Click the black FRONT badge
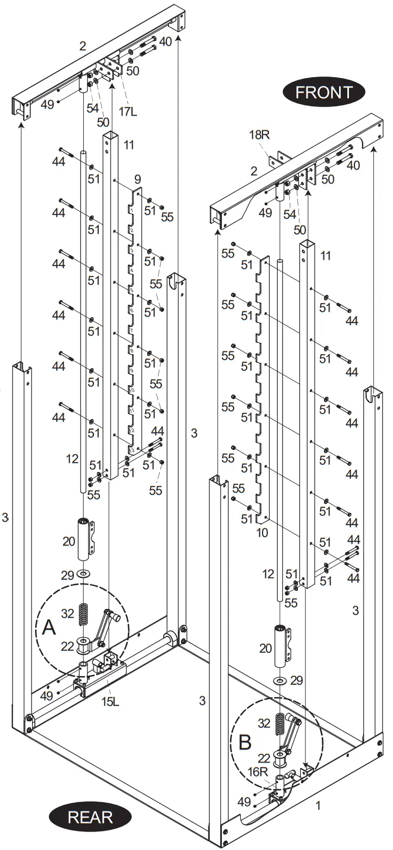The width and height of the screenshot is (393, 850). point(323,92)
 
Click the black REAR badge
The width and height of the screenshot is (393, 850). point(90,816)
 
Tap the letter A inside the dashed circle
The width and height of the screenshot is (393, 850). point(49,628)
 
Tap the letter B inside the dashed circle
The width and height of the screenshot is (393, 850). point(245,742)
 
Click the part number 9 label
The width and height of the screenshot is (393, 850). point(138,178)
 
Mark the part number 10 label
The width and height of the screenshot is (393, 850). point(263,533)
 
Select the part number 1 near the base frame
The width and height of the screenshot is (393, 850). point(319,806)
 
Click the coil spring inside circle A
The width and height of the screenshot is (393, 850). point(84,614)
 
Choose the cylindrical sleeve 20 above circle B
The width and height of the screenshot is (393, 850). point(281,646)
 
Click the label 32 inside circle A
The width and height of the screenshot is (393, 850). point(67,614)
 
